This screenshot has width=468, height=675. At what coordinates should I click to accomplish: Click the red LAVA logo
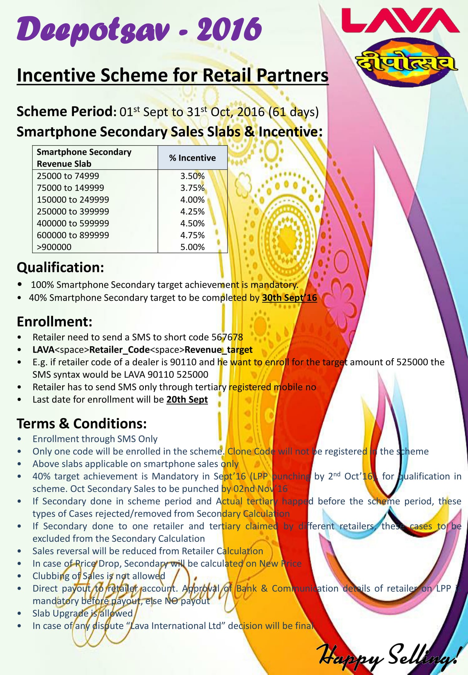pos(400,21)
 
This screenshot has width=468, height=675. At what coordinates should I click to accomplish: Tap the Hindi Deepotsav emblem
pos(406,63)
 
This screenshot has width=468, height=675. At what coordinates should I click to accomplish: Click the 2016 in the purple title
pos(229,30)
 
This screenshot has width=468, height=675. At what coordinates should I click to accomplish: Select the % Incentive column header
pos(192,158)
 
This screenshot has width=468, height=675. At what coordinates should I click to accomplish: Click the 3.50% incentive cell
pos(192,176)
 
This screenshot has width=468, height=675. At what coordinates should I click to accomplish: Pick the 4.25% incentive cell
pos(192,212)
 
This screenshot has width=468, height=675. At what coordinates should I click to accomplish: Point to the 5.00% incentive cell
pos(192,247)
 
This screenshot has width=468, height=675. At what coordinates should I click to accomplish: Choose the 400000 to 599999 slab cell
pos(73,223)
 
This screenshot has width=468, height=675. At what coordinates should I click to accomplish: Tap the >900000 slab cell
pos(54,247)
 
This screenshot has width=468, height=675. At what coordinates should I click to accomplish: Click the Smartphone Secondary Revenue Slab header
pos(84,158)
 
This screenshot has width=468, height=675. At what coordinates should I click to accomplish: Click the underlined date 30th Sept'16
pos(289,298)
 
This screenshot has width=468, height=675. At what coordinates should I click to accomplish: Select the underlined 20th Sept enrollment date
pos(187,399)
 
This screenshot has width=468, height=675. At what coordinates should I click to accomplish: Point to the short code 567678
pos(227,337)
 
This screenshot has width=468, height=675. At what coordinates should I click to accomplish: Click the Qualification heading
pos(60,267)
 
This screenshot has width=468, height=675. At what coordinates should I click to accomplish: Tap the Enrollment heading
pos(55,321)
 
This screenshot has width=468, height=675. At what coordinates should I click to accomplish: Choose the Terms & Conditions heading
pos(82,424)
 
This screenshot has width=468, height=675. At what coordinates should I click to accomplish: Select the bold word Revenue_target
pos(218,349)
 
